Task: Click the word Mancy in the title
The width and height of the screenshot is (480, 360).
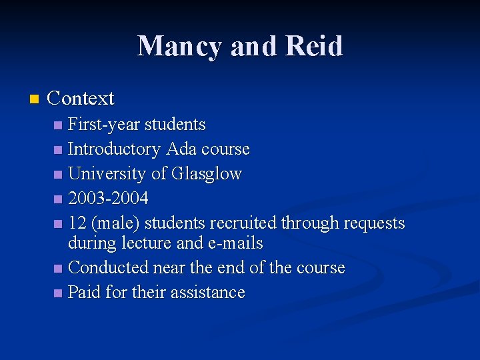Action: click(177, 46)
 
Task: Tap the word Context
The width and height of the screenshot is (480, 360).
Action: click(81, 99)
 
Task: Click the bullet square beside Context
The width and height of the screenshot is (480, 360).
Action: click(34, 99)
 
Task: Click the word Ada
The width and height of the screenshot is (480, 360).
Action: click(181, 149)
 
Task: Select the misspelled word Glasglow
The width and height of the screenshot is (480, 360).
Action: click(206, 174)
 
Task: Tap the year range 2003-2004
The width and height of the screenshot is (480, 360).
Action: click(108, 199)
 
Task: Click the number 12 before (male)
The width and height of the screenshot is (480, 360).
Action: click(77, 223)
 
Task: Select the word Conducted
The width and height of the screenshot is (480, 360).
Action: click(109, 268)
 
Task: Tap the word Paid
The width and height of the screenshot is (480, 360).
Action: click(84, 293)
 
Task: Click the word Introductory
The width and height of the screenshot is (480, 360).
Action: click(114, 149)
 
